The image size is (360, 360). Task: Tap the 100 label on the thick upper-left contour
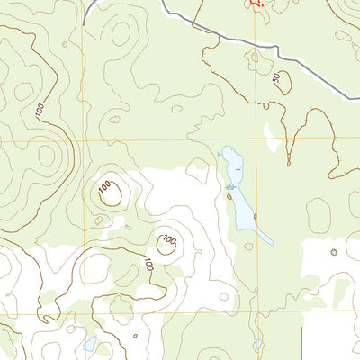tap(40, 111)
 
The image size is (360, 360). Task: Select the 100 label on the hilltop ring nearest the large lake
tap(167, 241)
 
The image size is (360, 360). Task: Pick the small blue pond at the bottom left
tap(90, 343)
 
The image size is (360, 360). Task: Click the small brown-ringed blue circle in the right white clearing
tap(333, 253)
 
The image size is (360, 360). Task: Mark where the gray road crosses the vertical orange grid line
tap(255, 44)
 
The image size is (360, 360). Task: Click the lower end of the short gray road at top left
tap(85, 20)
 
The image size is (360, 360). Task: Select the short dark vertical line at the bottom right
tap(300, 342)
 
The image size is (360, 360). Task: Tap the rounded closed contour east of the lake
tap(318, 214)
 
